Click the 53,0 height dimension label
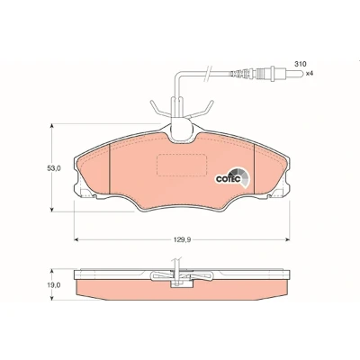point(54,168)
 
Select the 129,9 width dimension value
point(181,239)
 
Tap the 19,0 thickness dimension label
point(54,285)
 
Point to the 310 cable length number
point(300,64)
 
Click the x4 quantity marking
point(310,74)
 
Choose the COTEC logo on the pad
point(233,177)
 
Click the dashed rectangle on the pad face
point(182,165)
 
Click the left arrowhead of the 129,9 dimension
point(76,239)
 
